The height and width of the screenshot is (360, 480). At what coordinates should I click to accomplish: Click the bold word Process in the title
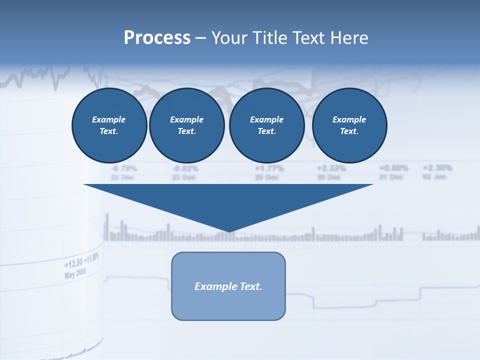(x=157, y=37)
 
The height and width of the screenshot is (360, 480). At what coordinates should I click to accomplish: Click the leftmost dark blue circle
(x=109, y=125)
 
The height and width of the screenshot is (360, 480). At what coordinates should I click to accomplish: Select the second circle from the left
(x=186, y=125)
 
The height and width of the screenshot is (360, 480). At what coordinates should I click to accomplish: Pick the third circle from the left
(x=266, y=125)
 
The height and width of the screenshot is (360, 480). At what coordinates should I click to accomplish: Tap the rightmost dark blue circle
(x=349, y=125)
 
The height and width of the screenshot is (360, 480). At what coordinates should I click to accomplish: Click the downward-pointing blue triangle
(x=228, y=202)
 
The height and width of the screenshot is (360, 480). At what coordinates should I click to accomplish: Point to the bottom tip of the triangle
(x=229, y=231)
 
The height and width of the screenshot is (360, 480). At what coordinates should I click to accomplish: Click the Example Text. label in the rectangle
(x=228, y=286)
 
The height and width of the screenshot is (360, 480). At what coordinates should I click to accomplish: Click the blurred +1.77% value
(x=269, y=168)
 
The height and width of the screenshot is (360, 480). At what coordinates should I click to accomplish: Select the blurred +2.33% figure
(x=331, y=168)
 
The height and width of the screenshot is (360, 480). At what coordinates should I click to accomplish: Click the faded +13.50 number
(x=73, y=263)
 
